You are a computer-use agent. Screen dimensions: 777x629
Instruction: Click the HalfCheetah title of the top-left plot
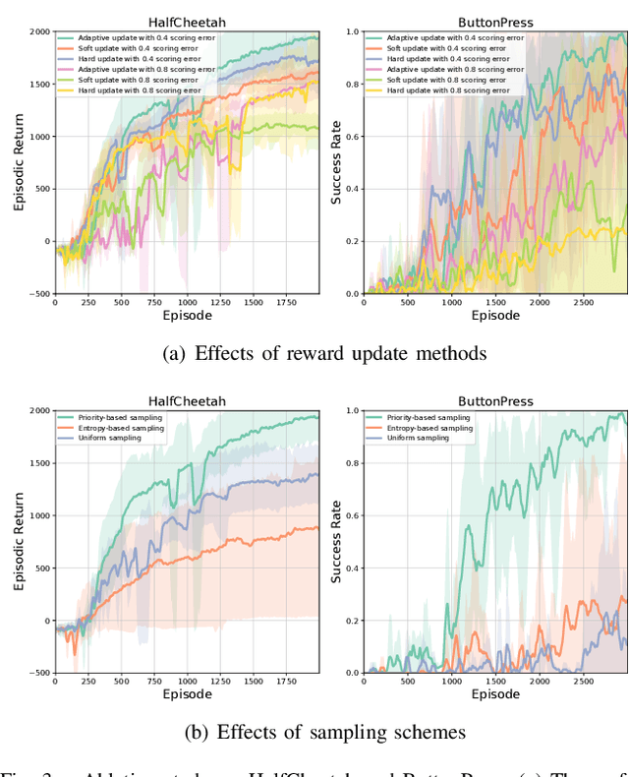(186, 21)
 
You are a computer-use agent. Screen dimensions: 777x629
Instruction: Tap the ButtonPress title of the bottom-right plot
(495, 401)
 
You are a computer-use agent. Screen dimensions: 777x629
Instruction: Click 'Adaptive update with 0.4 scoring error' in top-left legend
(148, 37)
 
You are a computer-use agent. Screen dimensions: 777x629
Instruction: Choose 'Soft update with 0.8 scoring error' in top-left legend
(142, 80)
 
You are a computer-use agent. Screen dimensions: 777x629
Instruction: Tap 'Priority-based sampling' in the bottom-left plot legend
(121, 418)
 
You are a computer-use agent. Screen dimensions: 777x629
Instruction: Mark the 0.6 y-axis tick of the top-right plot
(349, 136)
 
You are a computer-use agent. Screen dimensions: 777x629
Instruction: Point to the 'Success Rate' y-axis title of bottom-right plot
(337, 542)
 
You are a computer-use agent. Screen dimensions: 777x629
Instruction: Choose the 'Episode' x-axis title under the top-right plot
(495, 317)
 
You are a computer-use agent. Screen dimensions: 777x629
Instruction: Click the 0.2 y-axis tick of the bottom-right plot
(349, 621)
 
